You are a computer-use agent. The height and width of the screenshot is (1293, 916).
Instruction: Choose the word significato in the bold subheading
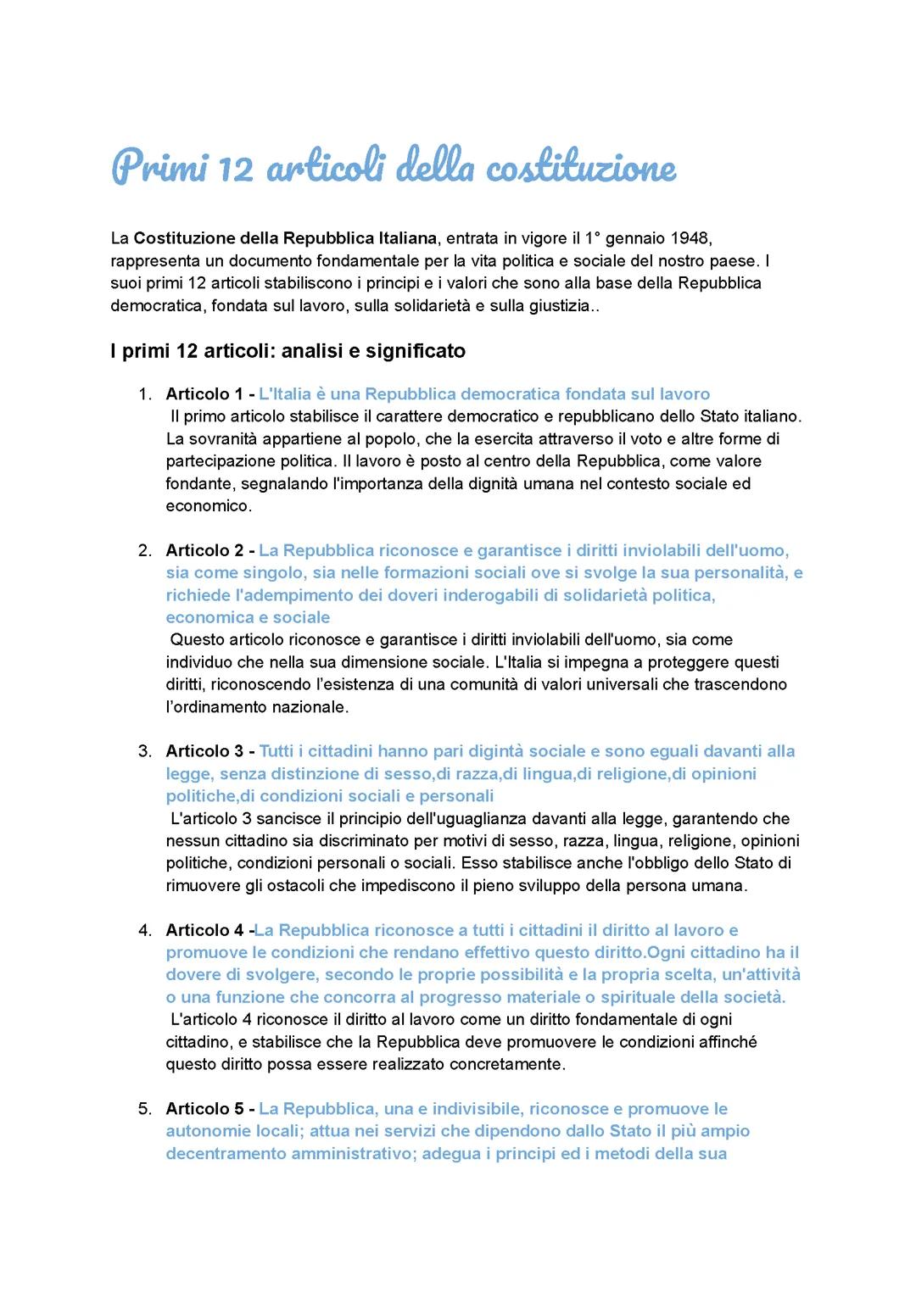click(x=416, y=350)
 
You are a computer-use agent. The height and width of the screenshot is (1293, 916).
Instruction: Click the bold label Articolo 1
click(x=204, y=394)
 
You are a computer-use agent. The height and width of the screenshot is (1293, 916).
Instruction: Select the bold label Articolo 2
click(x=204, y=551)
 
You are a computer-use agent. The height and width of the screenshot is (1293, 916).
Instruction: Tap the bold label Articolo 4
click(x=204, y=930)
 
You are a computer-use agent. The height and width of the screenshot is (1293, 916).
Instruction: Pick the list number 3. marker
click(x=145, y=751)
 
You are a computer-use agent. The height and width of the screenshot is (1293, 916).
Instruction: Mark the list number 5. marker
click(x=145, y=1109)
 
